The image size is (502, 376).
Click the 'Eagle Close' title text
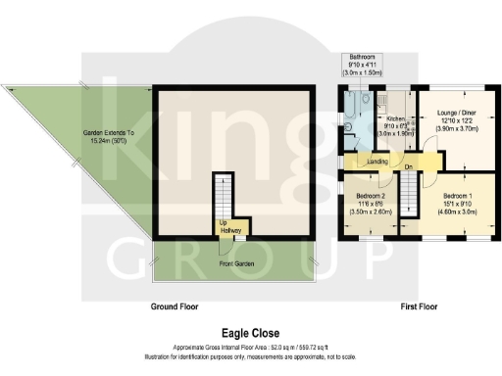[x=251, y=332]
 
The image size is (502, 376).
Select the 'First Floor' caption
[x=419, y=306]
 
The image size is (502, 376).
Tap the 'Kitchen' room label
[x=395, y=117]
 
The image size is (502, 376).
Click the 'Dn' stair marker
[x=408, y=166]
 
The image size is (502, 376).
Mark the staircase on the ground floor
[x=225, y=196]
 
